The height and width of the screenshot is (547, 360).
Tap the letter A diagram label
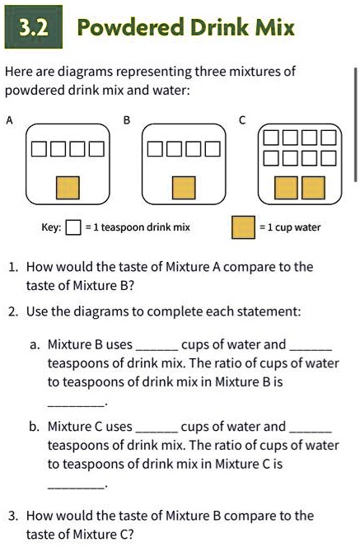[x=9, y=119]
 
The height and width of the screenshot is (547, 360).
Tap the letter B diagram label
[x=127, y=119]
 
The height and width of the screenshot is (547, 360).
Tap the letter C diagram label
[x=242, y=119]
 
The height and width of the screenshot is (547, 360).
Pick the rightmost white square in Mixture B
[x=213, y=149]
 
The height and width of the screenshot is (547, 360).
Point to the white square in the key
[x=72, y=227]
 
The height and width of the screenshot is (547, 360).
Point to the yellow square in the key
[x=242, y=227]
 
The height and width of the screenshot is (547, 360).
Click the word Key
[x=49, y=227]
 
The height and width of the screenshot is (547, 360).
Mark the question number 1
[x=13, y=267]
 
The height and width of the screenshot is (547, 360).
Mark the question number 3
[x=13, y=516]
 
